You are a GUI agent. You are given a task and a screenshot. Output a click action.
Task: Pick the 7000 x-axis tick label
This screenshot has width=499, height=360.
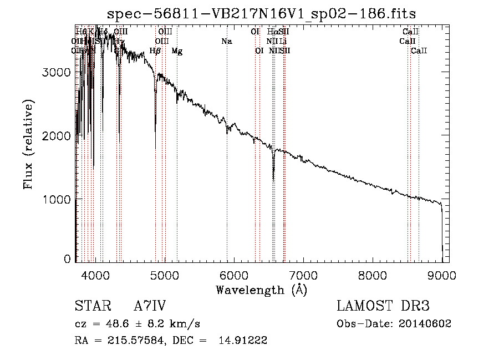pyautogui.click(x=303, y=276)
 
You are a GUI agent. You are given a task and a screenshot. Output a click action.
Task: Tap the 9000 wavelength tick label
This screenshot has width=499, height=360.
pyautogui.click(x=442, y=276)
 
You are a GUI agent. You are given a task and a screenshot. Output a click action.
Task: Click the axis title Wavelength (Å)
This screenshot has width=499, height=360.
pyautogui.click(x=261, y=290)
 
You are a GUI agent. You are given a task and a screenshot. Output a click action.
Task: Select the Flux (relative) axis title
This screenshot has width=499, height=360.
pyautogui.click(x=29, y=144)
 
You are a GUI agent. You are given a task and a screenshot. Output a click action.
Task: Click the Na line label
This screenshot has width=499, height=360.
pyautogui.click(x=226, y=42)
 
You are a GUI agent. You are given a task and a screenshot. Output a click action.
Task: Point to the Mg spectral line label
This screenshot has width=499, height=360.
pyautogui.click(x=177, y=51)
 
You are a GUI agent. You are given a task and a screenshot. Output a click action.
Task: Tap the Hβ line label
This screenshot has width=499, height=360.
pyautogui.click(x=155, y=51)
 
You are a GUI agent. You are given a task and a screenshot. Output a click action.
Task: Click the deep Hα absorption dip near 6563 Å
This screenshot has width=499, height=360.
pyautogui.click(x=273, y=179)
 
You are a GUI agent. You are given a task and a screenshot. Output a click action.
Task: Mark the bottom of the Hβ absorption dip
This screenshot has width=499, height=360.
pyautogui.click(x=155, y=131)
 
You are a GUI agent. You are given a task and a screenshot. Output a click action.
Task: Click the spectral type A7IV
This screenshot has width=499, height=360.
pyautogui.click(x=150, y=306)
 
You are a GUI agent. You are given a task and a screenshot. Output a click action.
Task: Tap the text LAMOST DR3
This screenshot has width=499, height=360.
pyautogui.click(x=383, y=306)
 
